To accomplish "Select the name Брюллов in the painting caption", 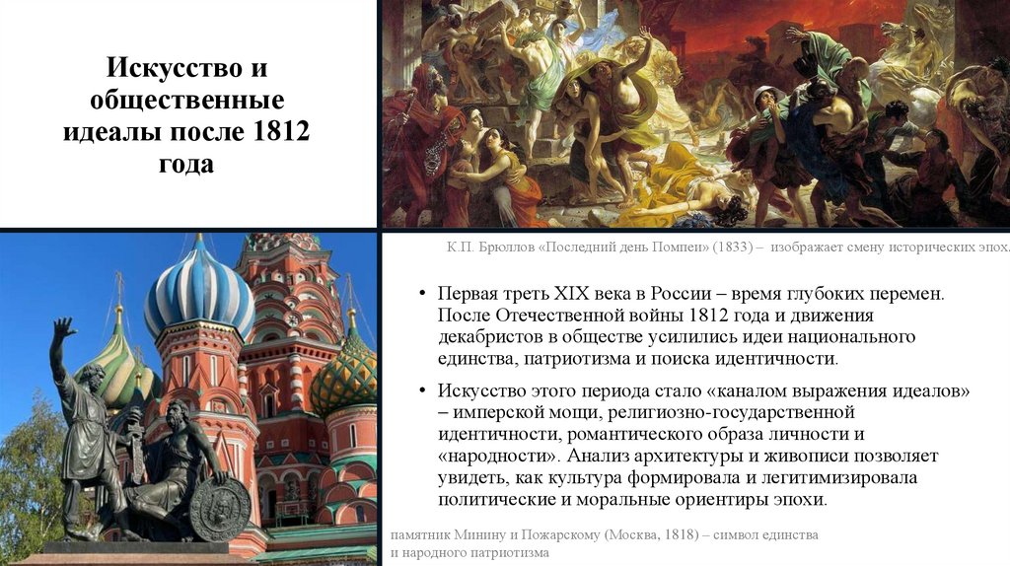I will [x=496, y=248].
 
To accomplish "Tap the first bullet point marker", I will [x=420, y=295].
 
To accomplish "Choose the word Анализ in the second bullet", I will [x=610, y=456].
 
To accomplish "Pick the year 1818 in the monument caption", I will [x=676, y=533].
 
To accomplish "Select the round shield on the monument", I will [x=219, y=508].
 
